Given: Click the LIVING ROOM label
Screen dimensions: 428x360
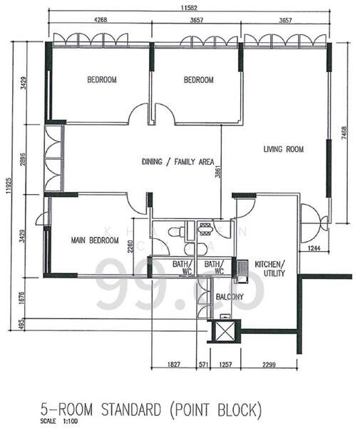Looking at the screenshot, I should point(283,149).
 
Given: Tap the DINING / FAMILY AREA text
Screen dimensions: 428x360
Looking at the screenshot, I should point(178,161).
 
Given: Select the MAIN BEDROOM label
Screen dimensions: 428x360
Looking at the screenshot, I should point(94,240).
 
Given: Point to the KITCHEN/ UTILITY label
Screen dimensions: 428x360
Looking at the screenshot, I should point(270,268).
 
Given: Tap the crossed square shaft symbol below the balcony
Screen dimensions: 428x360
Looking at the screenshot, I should point(225,331).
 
